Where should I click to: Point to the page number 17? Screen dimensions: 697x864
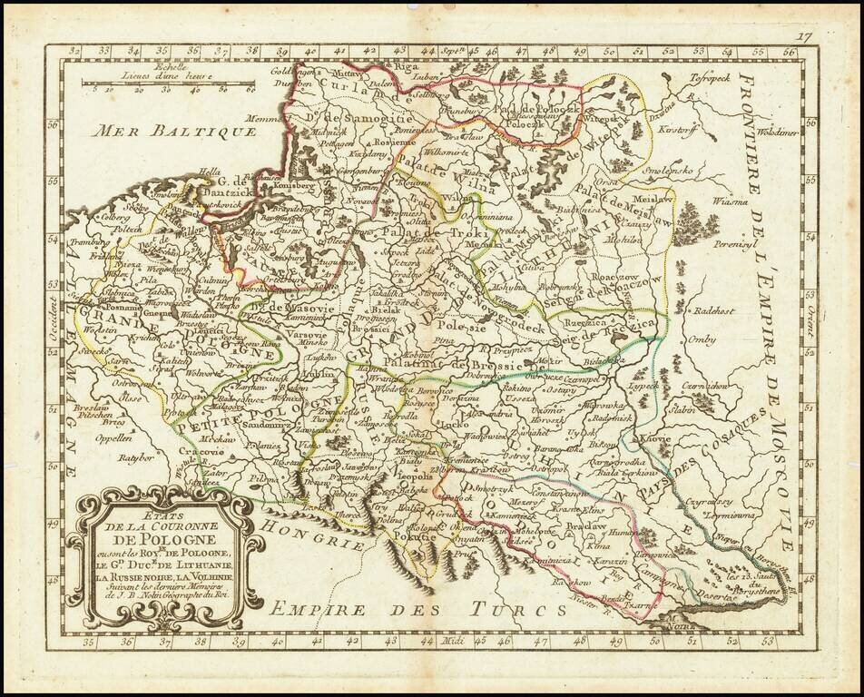[801, 36]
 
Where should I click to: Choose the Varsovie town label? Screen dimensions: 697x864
[305, 332]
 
